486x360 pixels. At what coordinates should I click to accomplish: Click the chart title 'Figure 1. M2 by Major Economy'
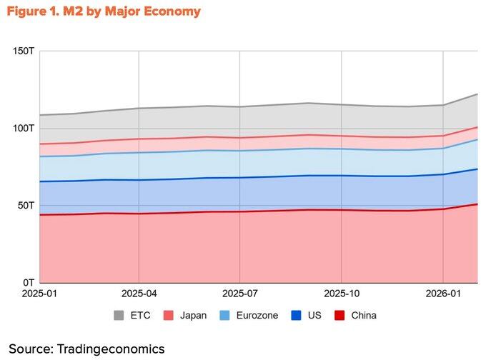[104, 11]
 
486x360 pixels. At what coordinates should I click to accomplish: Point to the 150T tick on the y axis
[21, 51]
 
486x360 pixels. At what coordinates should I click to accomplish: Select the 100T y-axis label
[21, 129]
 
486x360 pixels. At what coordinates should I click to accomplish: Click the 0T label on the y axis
[26, 283]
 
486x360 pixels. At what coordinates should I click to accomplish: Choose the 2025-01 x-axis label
[39, 294]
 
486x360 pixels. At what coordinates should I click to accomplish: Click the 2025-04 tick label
[139, 294]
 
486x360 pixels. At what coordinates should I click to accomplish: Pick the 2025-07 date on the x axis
[240, 294]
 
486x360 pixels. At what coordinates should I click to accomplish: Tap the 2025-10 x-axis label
[342, 294]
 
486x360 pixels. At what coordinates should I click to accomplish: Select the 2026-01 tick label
[443, 294]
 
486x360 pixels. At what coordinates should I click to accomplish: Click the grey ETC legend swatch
[120, 315]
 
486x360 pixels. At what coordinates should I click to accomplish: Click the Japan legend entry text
[194, 315]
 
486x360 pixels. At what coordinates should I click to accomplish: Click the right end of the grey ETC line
[477, 94]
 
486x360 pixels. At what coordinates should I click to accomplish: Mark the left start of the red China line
[39, 215]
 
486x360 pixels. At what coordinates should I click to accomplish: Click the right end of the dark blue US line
[477, 169]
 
